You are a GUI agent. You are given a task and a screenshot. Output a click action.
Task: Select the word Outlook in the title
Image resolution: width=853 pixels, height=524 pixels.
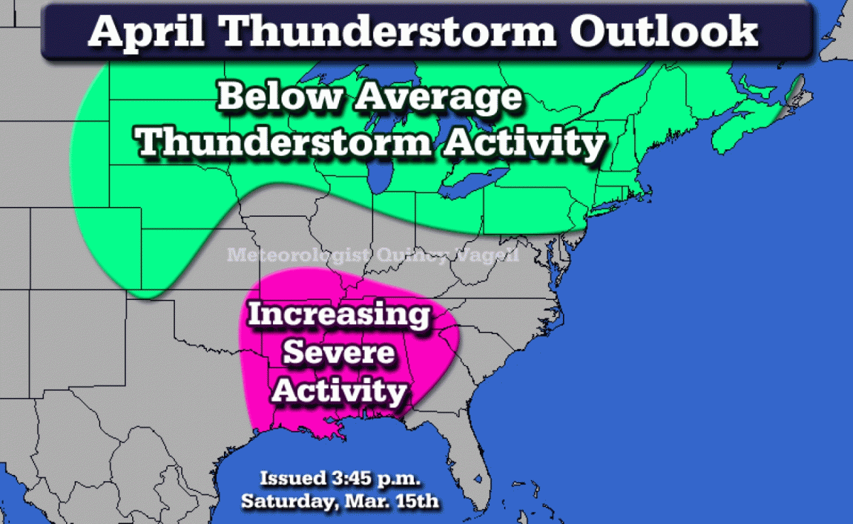tap(664, 31)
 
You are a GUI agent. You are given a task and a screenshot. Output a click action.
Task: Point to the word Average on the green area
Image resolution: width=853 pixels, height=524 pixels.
tap(439, 98)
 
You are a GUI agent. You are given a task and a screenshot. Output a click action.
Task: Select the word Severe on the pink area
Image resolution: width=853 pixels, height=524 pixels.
tap(338, 353)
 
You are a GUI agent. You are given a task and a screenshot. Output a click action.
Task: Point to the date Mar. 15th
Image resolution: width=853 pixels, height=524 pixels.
tap(392, 501)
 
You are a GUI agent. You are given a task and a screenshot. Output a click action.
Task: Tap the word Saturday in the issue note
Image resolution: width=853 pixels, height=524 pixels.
tap(290, 502)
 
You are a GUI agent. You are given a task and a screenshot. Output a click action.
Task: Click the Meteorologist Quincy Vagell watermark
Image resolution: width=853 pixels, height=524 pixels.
tap(373, 255)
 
